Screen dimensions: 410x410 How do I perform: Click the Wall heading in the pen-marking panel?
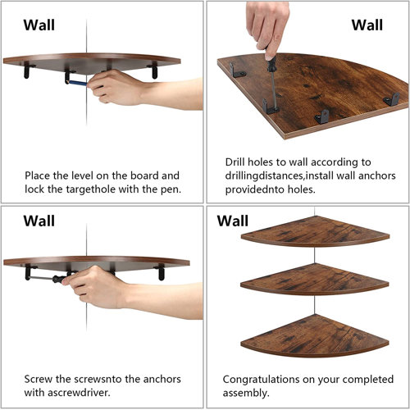(39, 25)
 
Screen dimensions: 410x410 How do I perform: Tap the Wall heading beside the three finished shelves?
(233, 221)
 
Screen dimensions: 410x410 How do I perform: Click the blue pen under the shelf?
(78, 83)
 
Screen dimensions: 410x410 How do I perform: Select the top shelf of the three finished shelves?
(315, 232)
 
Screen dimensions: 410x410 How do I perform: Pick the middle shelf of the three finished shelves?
(315, 280)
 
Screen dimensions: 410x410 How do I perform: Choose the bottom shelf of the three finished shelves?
(315, 335)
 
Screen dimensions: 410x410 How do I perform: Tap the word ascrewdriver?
(79, 393)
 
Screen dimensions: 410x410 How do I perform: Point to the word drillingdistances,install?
(279, 176)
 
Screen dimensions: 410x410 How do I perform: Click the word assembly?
(246, 394)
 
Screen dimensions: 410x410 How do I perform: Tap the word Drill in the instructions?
(235, 162)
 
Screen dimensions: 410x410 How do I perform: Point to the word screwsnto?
(98, 380)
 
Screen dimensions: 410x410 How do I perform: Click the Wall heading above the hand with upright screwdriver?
(367, 25)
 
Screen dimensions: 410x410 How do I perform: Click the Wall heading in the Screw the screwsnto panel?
(39, 221)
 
